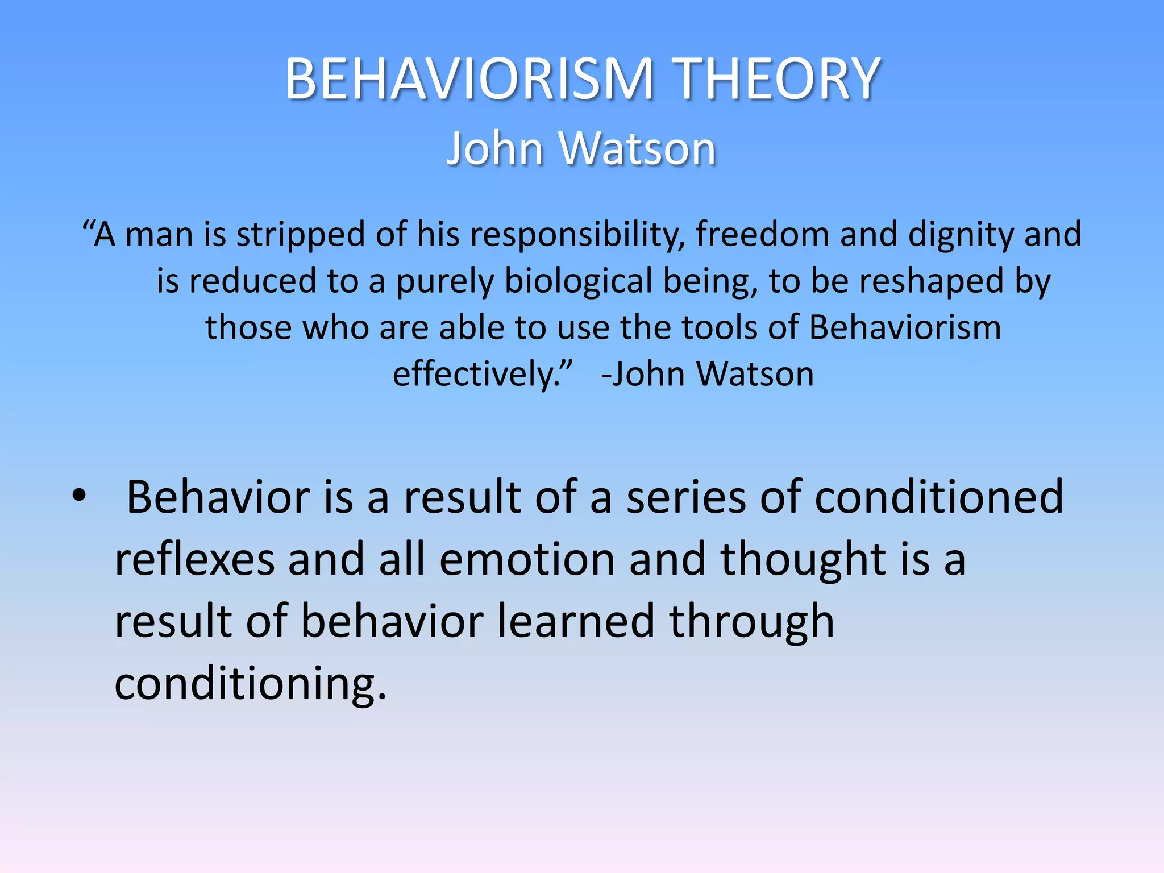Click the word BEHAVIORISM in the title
pyautogui.click(x=469, y=80)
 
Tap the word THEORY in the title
pyautogui.click(x=778, y=80)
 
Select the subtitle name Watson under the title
pyautogui.click(x=637, y=149)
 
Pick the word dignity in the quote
pyautogui.click(x=961, y=235)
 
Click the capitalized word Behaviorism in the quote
pyautogui.click(x=905, y=328)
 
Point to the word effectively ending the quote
pyautogui.click(x=477, y=375)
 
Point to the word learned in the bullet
pyautogui.click(x=576, y=621)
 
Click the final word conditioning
pyautogui.click(x=250, y=684)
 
